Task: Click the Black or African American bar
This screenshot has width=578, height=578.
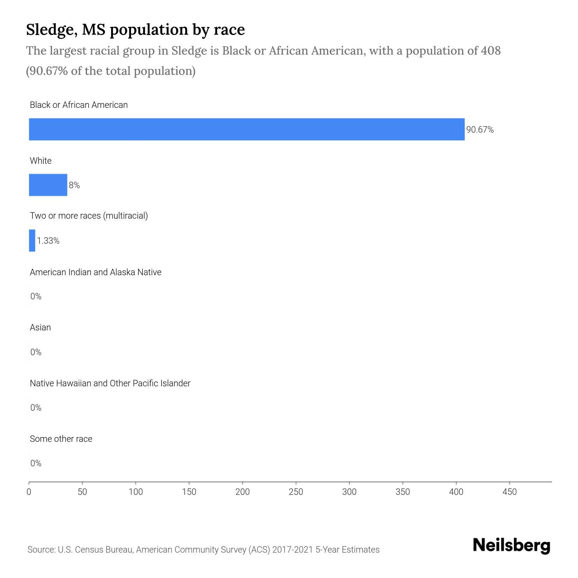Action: tap(247, 129)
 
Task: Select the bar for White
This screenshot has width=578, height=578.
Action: tap(48, 185)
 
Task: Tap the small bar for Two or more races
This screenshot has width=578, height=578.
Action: tap(32, 240)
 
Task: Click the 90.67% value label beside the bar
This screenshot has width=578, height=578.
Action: tap(480, 130)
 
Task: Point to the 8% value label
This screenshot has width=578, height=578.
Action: tap(74, 185)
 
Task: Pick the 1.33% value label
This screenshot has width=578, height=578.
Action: tap(48, 241)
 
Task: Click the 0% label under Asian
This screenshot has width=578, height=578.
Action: tap(36, 352)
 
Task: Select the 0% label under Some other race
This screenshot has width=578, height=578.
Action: tap(36, 463)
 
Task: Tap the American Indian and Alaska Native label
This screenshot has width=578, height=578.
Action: tap(95, 272)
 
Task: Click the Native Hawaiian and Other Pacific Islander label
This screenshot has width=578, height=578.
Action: tap(110, 383)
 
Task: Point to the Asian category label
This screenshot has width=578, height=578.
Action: tap(40, 328)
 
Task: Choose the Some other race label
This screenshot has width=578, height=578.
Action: tap(61, 439)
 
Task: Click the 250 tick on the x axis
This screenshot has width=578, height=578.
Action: tap(296, 492)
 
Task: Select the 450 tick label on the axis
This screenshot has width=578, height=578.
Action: tap(509, 492)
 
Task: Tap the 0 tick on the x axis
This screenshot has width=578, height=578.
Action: tap(29, 492)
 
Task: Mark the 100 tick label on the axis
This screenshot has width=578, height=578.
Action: tap(136, 492)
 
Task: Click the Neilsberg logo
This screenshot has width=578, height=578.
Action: tap(512, 546)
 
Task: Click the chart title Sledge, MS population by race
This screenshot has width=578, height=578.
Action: tap(135, 30)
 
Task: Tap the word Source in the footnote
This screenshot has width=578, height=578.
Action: tap(40, 550)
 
